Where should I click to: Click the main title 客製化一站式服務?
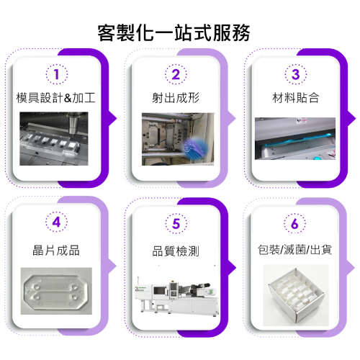pos(174,33)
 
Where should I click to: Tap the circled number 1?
pos(57,74)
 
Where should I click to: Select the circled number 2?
pos(176,74)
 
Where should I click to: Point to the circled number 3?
pos(296,74)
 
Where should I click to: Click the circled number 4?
pos(56,222)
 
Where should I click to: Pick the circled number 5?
pos(176,223)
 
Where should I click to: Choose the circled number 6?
pos(295,223)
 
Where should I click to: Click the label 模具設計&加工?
pos(56,98)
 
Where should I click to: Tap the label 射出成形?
pos(176,98)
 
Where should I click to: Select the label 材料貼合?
pos(296,98)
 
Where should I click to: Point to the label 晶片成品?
pos(56,250)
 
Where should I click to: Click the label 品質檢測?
pos(176,251)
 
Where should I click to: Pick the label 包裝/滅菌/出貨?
pos(294,250)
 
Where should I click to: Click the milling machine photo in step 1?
pos(54,138)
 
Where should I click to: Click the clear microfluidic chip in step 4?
pos(56,291)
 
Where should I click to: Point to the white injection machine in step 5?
pos(177,296)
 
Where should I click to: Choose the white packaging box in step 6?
pos(296,295)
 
